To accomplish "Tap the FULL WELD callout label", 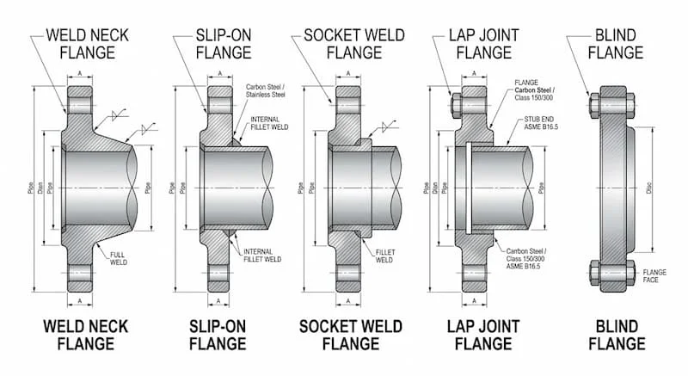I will (x=120, y=257).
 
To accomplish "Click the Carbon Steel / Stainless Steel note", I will (x=267, y=92).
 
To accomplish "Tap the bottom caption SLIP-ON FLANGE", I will (x=218, y=335).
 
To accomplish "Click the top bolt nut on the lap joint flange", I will (x=455, y=108).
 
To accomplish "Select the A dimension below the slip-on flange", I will (x=218, y=300).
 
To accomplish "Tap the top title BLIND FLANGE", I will (x=614, y=43).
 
